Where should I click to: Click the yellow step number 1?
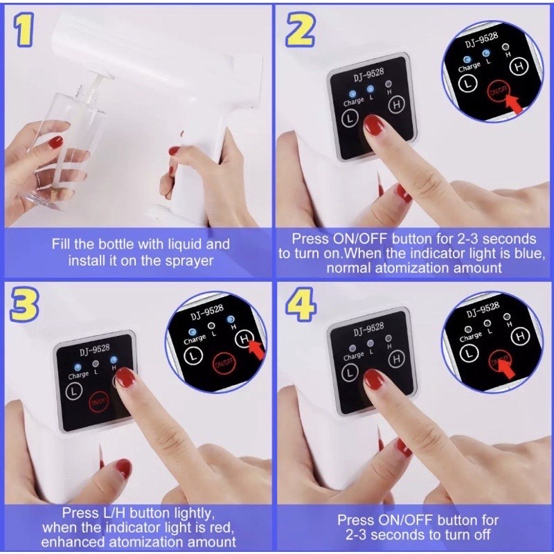24,29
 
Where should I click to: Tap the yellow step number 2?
300,29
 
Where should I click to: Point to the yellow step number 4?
300,303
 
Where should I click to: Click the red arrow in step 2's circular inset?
514,103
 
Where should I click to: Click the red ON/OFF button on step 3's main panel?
98,402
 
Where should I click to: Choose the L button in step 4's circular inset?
470,353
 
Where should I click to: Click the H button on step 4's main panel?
396,359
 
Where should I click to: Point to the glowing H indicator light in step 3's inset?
231,319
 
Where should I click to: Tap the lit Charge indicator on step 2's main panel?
352,94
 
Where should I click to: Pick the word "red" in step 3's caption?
223,528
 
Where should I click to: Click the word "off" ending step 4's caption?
482,534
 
